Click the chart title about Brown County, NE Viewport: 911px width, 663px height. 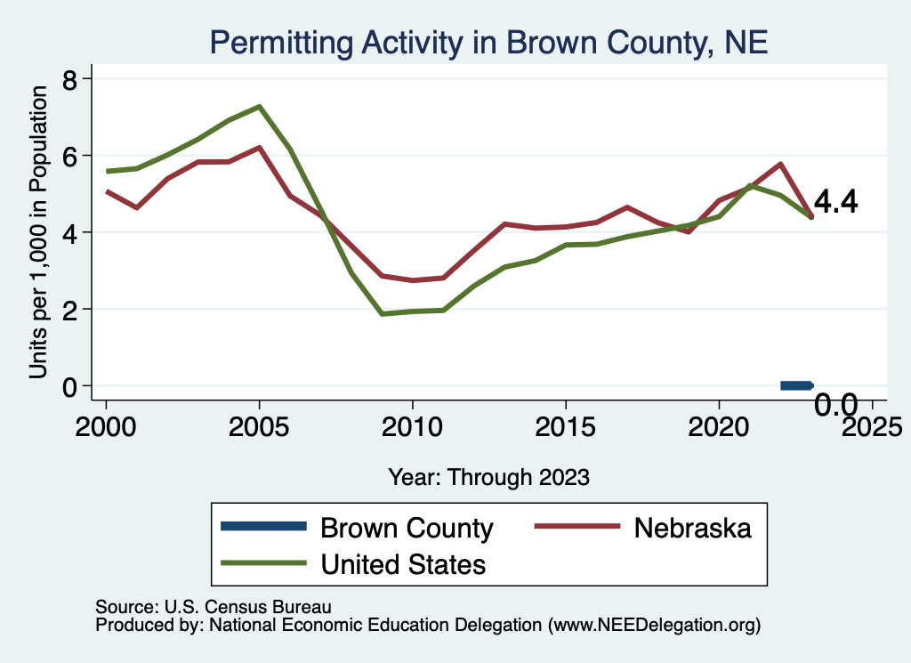point(488,41)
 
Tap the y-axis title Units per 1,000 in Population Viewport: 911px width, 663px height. point(38,233)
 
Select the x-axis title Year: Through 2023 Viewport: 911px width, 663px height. point(488,477)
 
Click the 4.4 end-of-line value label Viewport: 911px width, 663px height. point(836,203)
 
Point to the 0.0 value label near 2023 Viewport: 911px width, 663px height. point(836,407)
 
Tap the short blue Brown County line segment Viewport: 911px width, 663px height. point(796,385)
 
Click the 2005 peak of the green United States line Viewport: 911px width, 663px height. point(259,107)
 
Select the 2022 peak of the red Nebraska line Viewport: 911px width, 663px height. point(780,164)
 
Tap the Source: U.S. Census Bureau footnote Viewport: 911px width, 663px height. point(213,608)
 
